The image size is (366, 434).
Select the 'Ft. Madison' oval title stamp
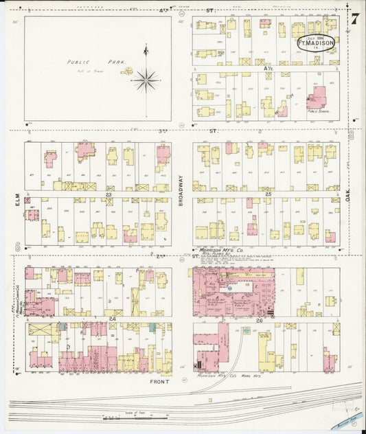tap(316, 43)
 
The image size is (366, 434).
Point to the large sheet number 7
tap(355, 19)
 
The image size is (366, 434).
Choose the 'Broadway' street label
tap(181, 187)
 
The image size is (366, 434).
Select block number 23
tap(108, 194)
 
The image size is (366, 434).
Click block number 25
tap(268, 194)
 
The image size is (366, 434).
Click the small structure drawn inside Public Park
tap(127, 69)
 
